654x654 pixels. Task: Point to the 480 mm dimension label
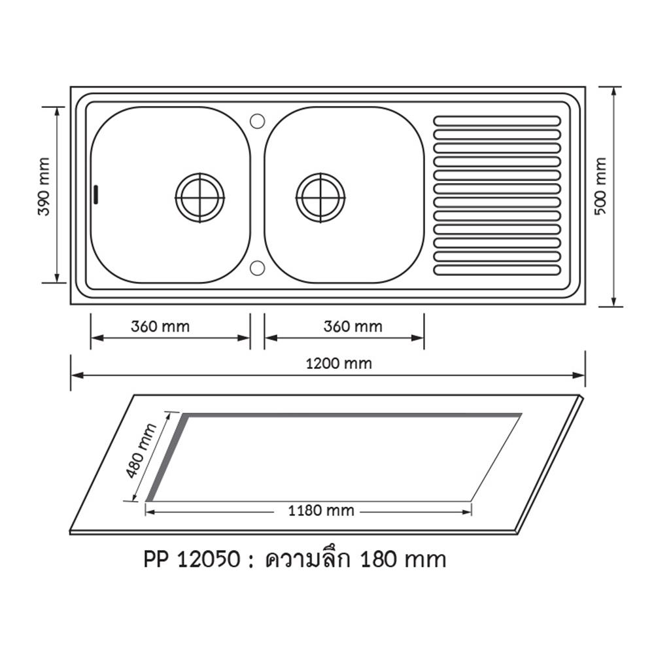click(x=141, y=451)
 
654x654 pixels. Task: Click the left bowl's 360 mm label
click(x=160, y=326)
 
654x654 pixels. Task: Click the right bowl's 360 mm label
click(x=353, y=326)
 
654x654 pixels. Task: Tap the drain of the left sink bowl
click(x=199, y=198)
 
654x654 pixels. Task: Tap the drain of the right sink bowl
click(x=320, y=198)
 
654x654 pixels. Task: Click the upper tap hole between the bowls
click(x=257, y=121)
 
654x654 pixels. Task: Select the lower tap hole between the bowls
click(x=257, y=267)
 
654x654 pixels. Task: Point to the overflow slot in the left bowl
click(x=97, y=194)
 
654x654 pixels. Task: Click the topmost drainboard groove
click(x=497, y=121)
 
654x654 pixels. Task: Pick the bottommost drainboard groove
click(x=497, y=269)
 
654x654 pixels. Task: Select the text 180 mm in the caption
click(x=404, y=560)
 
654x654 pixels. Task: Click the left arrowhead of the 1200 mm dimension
click(x=74, y=375)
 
